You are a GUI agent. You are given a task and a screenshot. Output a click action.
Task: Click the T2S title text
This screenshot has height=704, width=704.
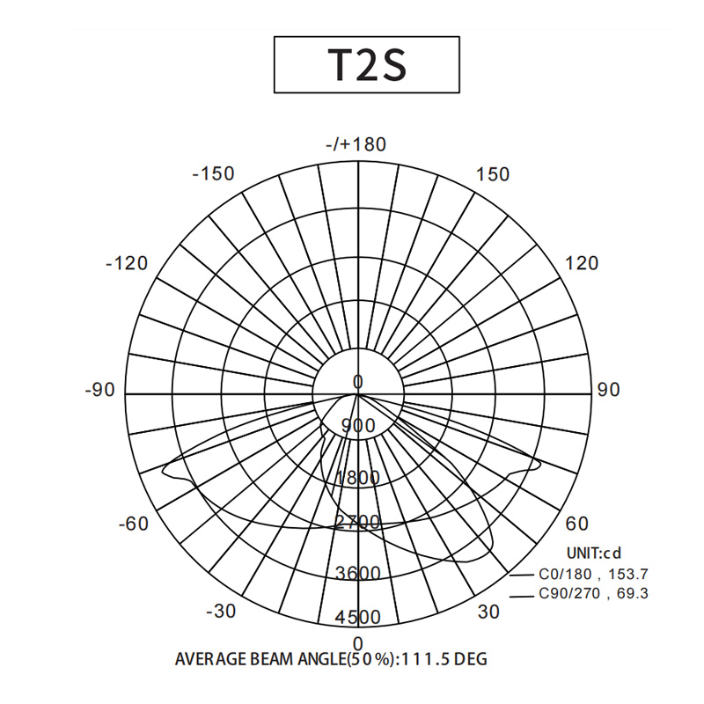(x=367, y=64)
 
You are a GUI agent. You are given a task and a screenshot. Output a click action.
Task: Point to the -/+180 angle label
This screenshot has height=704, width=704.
(x=356, y=144)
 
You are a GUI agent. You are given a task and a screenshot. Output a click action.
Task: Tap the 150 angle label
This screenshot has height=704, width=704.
(x=493, y=174)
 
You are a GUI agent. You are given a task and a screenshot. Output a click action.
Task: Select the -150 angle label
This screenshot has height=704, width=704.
(x=213, y=173)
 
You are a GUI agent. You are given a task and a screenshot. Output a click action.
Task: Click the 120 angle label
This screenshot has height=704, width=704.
(x=582, y=263)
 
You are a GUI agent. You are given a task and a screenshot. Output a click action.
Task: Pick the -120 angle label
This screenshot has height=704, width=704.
(x=127, y=263)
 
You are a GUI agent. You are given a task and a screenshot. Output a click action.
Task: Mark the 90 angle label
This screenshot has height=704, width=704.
(x=608, y=390)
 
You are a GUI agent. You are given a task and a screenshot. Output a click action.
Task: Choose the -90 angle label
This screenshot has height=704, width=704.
(x=99, y=390)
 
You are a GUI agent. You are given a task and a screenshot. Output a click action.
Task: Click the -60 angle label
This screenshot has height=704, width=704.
(x=134, y=524)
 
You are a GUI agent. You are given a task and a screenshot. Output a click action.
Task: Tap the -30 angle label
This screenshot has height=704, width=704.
(x=221, y=611)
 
